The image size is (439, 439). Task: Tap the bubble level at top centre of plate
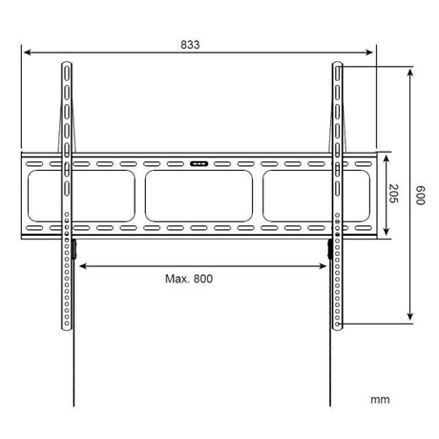click(x=199, y=162)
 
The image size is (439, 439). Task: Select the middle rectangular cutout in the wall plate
click(x=199, y=196)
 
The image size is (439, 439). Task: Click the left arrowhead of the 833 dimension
click(x=26, y=54)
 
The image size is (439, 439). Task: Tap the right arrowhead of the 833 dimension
click(x=374, y=54)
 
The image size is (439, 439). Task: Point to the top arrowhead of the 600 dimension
click(x=409, y=71)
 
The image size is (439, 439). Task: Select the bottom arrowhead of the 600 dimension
click(x=409, y=321)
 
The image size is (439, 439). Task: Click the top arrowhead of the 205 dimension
click(x=386, y=156)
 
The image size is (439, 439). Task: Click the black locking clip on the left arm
click(x=73, y=250)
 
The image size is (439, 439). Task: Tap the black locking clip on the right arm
click(x=331, y=250)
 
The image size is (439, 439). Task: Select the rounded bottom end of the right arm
click(x=338, y=328)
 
